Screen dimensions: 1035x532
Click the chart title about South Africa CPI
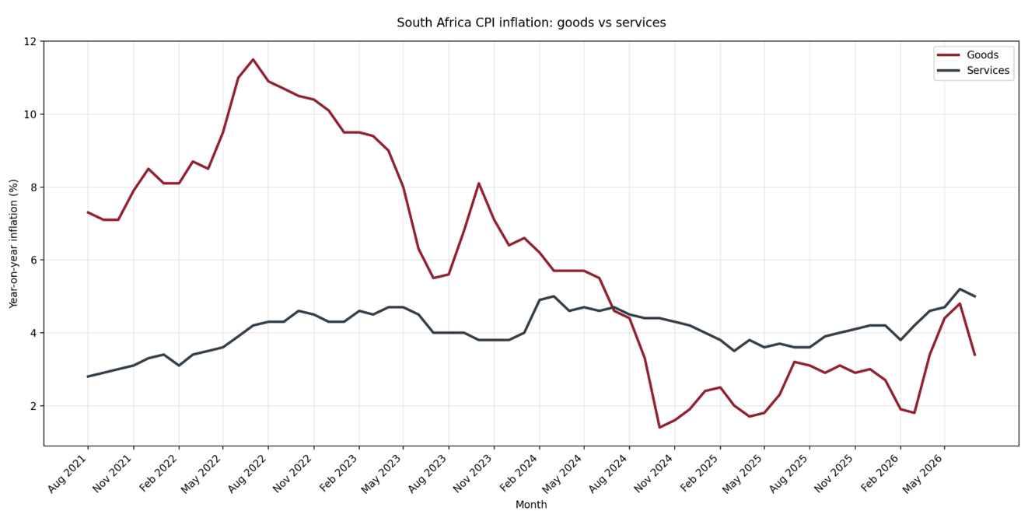(531, 23)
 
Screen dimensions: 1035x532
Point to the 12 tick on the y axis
(30, 41)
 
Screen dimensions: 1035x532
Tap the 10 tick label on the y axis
(30, 114)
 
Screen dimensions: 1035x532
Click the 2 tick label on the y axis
(33, 406)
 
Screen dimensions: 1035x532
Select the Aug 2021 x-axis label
(68, 474)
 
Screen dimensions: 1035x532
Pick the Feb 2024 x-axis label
(519, 474)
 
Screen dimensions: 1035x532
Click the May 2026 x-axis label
(924, 474)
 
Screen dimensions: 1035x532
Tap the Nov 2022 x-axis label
(294, 474)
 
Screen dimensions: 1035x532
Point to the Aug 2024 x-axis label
(609, 474)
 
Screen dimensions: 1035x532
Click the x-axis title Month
(531, 505)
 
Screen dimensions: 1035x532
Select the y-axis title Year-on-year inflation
(13, 243)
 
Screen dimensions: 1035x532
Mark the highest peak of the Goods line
(253, 59)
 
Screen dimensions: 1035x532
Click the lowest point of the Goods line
(660, 427)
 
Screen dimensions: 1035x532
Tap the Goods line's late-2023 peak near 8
(479, 183)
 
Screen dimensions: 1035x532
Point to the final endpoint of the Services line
(975, 296)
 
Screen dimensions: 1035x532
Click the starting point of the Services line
(88, 376)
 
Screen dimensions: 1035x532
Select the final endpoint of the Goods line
(975, 355)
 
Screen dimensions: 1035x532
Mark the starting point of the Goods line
(88, 212)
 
